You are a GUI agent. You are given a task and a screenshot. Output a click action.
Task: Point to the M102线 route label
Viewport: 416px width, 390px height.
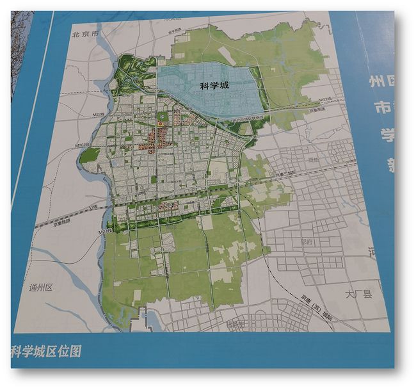83,145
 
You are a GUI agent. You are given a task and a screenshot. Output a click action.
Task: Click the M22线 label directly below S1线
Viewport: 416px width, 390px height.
106,230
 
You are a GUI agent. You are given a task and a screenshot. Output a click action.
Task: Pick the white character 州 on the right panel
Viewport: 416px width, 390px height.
377,81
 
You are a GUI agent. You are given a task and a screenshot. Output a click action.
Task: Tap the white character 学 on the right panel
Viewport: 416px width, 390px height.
386,134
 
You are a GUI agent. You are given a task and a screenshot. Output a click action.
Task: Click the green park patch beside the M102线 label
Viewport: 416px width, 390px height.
90,156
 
